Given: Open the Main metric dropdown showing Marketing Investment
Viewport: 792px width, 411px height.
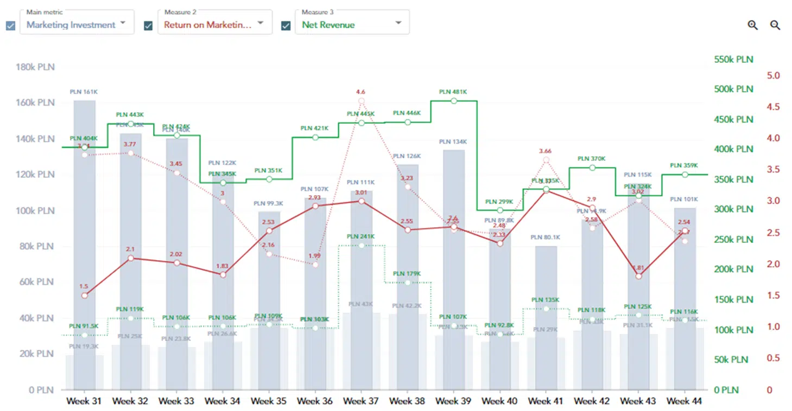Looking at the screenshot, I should (x=77, y=24).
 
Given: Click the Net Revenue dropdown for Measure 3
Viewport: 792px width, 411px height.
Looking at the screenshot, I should (x=352, y=24).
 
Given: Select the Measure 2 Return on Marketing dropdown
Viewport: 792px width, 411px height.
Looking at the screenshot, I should (x=214, y=24).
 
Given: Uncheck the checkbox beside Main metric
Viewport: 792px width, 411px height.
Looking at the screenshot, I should (x=11, y=25).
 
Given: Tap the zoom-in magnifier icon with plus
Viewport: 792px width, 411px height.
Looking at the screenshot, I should (x=752, y=25).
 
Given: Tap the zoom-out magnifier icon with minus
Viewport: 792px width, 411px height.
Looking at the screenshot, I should (x=775, y=25).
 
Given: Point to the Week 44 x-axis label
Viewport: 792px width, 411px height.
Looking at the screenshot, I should (x=685, y=401).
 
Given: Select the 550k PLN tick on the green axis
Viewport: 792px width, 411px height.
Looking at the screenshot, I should (x=733, y=59).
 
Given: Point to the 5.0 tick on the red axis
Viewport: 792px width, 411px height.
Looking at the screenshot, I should (x=773, y=75).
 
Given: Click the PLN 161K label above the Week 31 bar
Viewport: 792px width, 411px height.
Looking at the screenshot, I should (x=84, y=92).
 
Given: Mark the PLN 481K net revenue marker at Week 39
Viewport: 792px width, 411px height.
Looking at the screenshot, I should (x=454, y=101).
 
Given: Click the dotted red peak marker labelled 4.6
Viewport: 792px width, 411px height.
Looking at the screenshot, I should (x=362, y=101).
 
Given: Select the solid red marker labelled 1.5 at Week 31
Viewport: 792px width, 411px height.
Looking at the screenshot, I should (x=84, y=296).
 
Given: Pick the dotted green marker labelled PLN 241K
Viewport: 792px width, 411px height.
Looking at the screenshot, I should (x=362, y=246).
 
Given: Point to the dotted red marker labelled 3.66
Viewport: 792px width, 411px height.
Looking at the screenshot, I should (x=546, y=160).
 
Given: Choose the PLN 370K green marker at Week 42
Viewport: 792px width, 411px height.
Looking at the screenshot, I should (x=592, y=168).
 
